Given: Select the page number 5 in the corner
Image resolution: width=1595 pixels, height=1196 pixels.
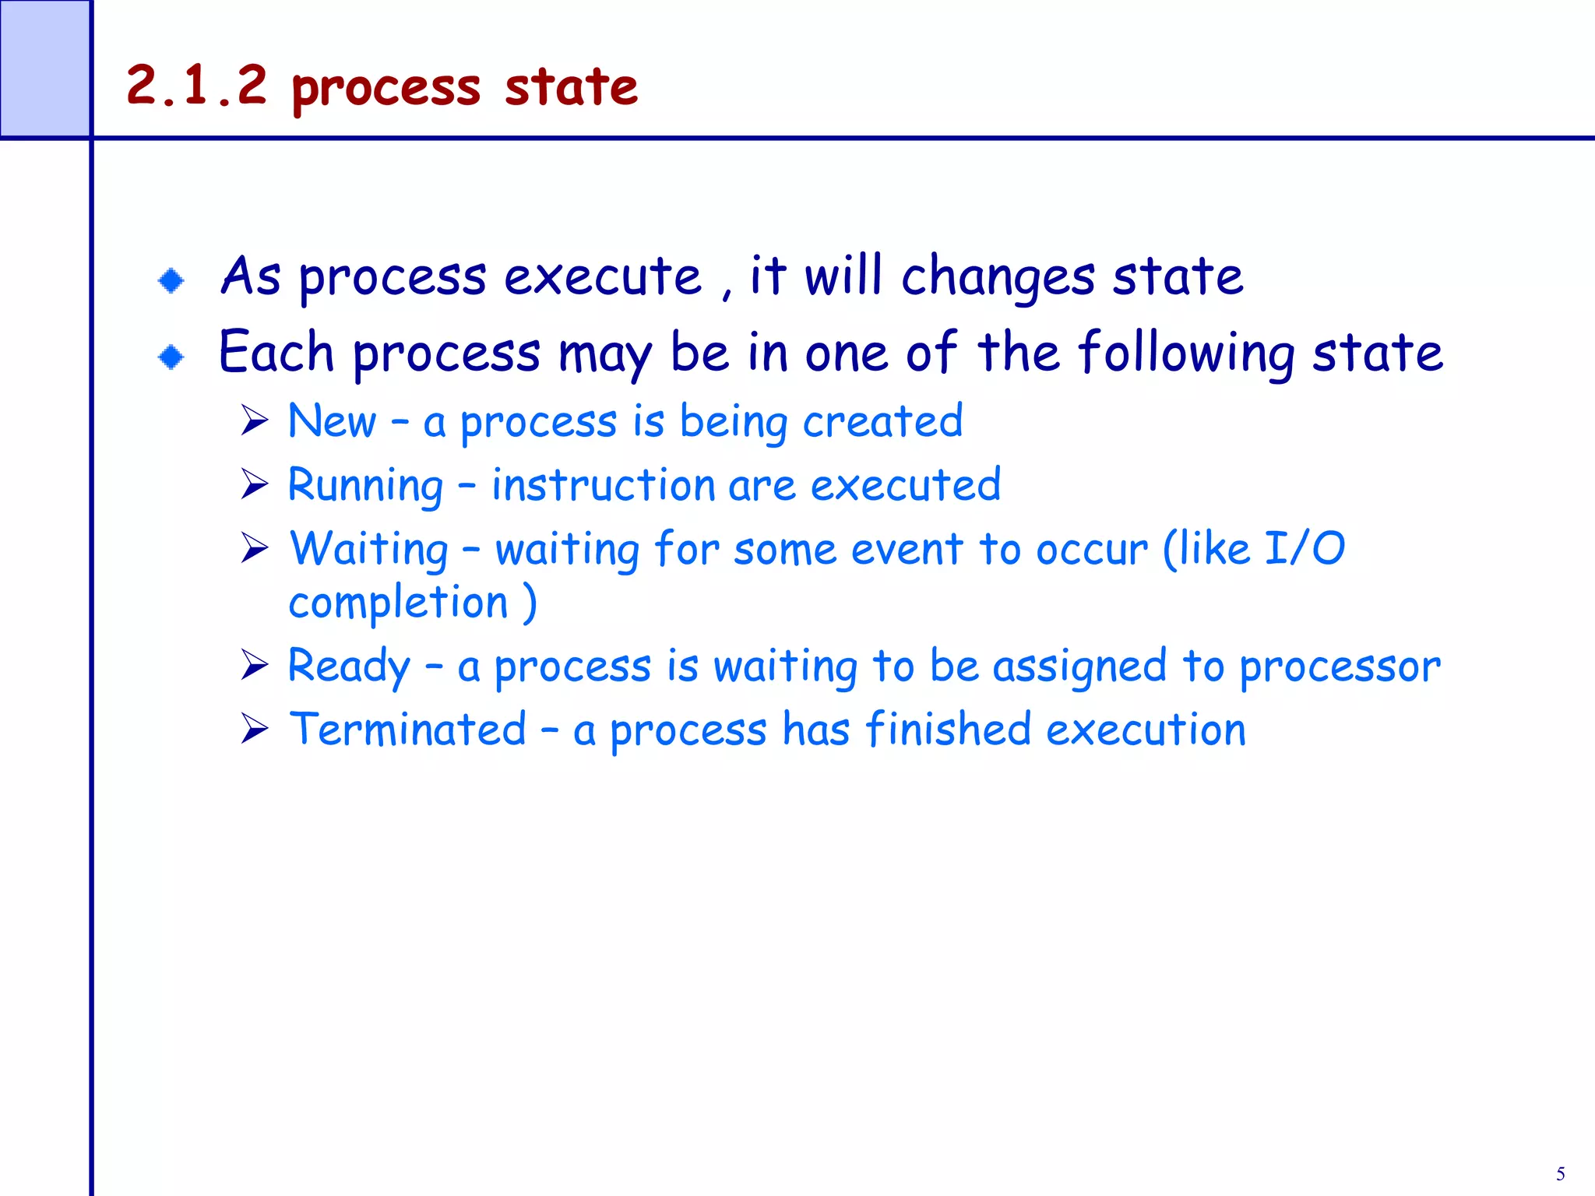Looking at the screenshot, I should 1560,1174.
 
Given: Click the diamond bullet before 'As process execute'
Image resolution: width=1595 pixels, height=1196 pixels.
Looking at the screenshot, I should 171,280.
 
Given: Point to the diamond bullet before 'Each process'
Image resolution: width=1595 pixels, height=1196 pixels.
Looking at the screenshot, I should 171,357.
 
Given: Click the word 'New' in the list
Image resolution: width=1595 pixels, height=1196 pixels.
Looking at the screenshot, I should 332,421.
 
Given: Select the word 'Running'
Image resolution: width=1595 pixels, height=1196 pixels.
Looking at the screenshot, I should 365,486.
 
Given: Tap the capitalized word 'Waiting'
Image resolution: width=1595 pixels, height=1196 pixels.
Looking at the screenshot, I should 368,550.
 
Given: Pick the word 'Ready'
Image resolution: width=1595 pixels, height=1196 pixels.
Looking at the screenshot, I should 348,667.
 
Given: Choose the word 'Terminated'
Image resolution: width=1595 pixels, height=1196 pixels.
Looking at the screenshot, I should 407,730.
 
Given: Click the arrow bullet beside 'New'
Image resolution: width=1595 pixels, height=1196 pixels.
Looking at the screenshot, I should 254,420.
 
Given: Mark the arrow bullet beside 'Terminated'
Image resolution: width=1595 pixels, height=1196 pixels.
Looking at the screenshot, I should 254,729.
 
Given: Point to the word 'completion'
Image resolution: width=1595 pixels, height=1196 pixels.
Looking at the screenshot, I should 398,603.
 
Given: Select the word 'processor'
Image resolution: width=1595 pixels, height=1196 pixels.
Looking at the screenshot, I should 1340,667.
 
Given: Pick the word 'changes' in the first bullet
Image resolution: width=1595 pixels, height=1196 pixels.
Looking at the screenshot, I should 998,277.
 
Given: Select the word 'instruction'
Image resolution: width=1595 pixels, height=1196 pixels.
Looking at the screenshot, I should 603,486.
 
